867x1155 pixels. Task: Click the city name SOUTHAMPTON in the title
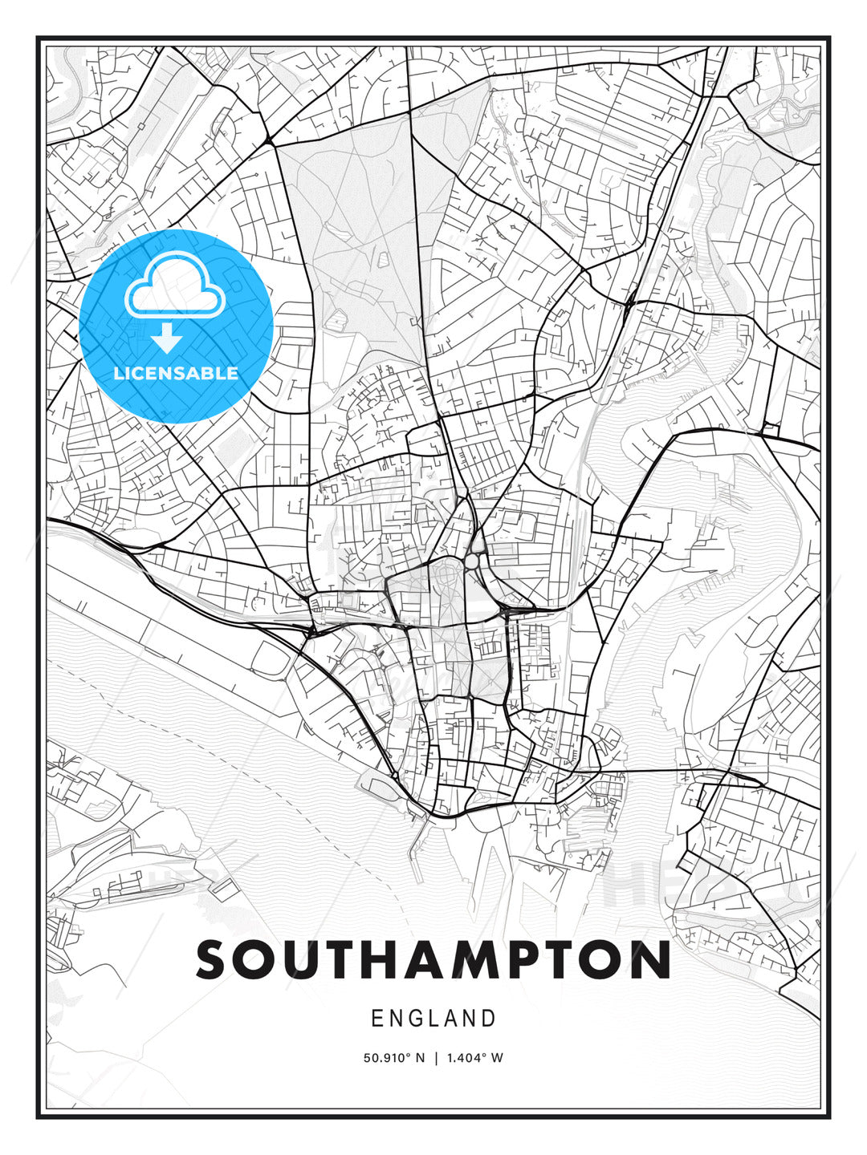point(433,959)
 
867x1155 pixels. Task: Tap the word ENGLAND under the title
point(433,1019)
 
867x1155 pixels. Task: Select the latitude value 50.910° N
point(393,1058)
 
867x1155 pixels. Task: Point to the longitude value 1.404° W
point(476,1058)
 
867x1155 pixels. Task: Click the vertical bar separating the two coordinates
point(436,1058)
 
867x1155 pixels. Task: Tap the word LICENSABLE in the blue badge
point(176,373)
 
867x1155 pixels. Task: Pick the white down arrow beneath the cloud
point(167,338)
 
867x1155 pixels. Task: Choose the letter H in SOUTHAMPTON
point(383,959)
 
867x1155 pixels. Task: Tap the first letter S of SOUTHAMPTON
point(211,959)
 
